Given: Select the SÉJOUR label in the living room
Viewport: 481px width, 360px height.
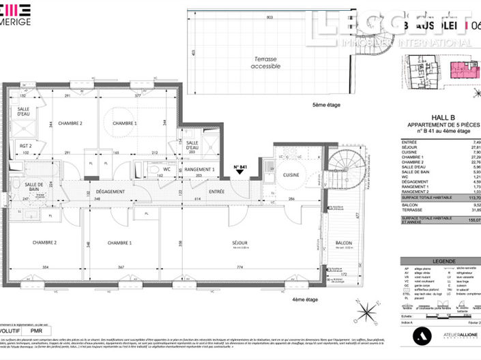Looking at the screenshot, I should [239, 243].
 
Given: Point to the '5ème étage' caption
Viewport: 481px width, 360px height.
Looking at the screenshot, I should [326, 106].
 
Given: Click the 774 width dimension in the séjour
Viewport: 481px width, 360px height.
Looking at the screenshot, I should [239, 267].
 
